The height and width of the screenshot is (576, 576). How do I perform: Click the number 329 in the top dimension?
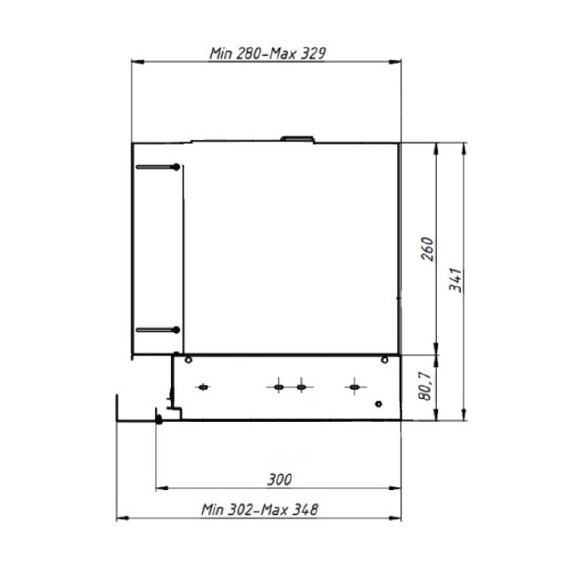coord(313,54)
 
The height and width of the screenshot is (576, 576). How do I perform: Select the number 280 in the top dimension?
coord(247,54)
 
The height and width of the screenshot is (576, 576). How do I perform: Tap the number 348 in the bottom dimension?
coord(305,510)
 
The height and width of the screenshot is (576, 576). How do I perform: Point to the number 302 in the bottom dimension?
coord(240,510)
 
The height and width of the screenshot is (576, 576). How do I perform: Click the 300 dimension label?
coord(280,479)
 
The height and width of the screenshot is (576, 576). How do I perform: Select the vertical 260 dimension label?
coord(427,249)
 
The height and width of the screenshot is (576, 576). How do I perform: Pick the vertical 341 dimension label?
coord(455,280)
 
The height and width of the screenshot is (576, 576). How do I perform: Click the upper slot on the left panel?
coord(158,167)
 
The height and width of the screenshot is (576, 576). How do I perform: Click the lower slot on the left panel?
coord(158,330)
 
